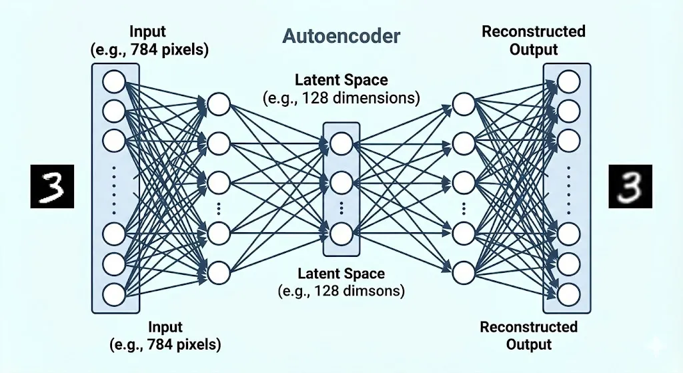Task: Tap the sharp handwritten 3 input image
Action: (51, 187)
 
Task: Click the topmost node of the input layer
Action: (114, 81)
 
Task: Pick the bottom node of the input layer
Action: (114, 294)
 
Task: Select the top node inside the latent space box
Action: (341, 143)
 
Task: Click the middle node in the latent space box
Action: (341, 181)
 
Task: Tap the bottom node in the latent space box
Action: (341, 234)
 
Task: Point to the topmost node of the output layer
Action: (569, 81)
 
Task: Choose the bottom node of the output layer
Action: (569, 294)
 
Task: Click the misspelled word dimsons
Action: (379, 291)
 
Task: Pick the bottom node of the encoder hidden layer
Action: (219, 272)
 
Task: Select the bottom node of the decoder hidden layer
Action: (463, 272)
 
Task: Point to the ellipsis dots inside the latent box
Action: (341, 208)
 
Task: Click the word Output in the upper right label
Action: (533, 49)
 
